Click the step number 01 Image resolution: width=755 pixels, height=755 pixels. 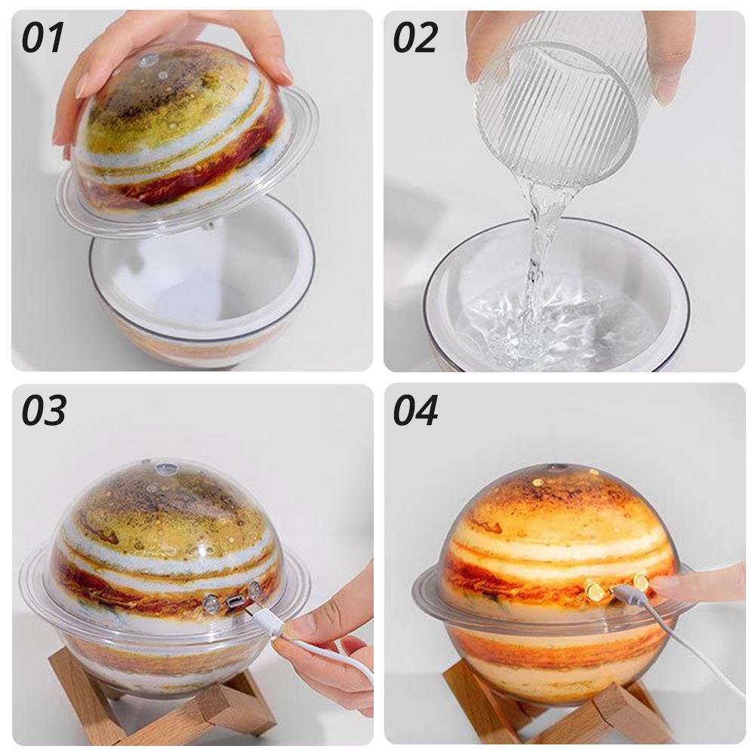[42, 38]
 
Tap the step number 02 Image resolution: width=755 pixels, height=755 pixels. [415, 38]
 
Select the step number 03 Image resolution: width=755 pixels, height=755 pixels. [43, 410]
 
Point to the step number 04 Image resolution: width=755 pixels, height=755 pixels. [415, 410]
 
